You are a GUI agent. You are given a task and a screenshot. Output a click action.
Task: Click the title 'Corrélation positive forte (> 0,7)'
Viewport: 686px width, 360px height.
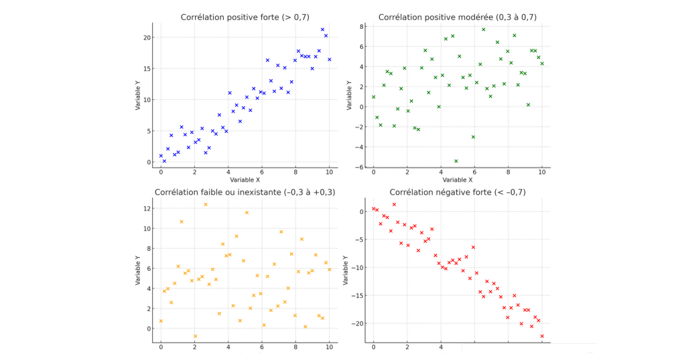pos(245,17)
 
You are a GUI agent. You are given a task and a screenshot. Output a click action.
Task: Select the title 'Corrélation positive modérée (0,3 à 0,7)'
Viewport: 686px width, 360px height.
pos(457,17)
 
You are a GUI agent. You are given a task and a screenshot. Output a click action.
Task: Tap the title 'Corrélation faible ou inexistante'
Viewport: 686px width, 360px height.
pos(245,192)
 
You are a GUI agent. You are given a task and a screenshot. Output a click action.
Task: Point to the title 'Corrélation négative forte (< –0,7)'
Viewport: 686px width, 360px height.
pos(457,192)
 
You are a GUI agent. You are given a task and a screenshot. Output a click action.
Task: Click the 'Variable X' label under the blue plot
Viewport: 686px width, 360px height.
pos(245,180)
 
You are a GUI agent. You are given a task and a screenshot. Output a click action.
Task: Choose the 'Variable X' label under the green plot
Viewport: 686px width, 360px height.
pos(457,180)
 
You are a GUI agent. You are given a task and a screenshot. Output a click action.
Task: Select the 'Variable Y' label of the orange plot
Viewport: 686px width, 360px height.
pos(138,270)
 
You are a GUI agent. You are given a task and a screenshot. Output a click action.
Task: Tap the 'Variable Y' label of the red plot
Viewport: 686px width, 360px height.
pos(346,270)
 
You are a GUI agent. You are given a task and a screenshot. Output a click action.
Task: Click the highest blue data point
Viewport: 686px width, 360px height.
pos(322,29)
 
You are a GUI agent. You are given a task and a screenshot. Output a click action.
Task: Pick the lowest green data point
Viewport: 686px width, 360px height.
pos(456,161)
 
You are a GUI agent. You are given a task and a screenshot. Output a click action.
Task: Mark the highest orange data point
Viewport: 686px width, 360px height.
pos(206,204)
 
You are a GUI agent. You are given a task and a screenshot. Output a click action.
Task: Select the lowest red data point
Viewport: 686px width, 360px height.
pos(542,336)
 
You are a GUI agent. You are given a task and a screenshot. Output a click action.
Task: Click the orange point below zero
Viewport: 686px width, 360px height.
pos(196,336)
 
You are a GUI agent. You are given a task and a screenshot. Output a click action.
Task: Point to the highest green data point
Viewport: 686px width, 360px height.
pos(483,29)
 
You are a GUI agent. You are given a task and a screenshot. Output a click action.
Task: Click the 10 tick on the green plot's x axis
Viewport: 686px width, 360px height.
pos(542,172)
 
